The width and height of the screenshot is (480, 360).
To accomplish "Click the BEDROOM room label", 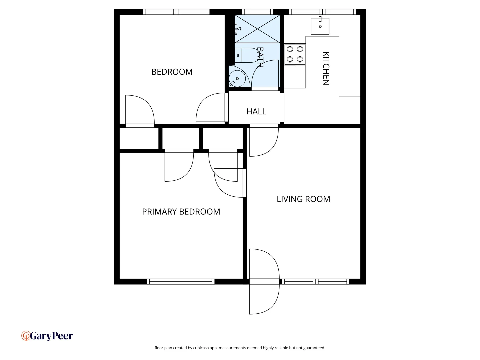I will coord(172,72).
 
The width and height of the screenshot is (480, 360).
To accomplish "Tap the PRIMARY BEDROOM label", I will coord(181,212).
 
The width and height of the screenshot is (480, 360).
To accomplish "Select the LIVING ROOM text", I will coord(303,199).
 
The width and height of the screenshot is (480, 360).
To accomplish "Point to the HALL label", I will coord(256,112).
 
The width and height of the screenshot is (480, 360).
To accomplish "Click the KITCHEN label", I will coord(326,68).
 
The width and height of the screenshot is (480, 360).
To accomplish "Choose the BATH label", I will coord(260,57).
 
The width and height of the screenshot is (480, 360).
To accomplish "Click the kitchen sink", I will coord(320,26).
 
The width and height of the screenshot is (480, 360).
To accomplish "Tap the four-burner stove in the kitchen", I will coord(295,54).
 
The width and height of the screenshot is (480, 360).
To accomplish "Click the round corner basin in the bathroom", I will coord(237,78).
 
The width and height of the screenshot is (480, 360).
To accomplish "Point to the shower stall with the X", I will coord(257,29).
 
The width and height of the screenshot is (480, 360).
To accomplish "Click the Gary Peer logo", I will coord(47,336).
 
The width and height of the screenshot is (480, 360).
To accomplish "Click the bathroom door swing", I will coord(265,75).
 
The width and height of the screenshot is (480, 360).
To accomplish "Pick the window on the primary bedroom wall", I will coord(181,282).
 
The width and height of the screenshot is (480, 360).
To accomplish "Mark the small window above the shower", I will coord(257,12).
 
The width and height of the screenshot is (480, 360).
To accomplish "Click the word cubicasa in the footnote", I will coord(201,348).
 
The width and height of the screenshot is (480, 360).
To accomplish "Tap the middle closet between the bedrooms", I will coord(180,138).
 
